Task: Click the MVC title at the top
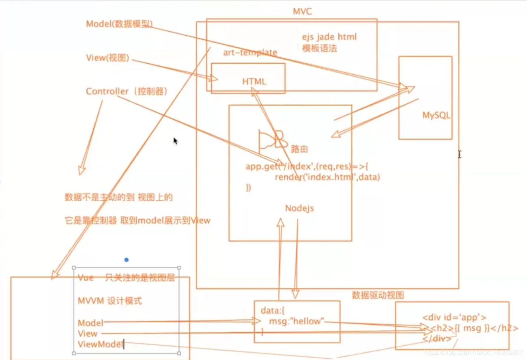tap(302, 11)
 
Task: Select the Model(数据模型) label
tap(119, 24)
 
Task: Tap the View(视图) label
tap(108, 58)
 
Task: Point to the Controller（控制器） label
tap(126, 91)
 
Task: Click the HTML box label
tap(254, 82)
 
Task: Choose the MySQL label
tap(436, 115)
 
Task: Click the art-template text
tap(250, 52)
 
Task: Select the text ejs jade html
tap(329, 37)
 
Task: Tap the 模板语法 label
tap(319, 48)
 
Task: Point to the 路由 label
tap(299, 149)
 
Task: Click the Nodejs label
tap(299, 209)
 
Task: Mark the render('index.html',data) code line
tap(327, 177)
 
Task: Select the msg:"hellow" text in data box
tap(297, 322)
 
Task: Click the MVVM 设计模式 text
tap(110, 301)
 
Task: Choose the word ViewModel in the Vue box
tap(100, 345)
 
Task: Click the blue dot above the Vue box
tap(127, 259)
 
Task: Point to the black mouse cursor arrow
tap(175, 141)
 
